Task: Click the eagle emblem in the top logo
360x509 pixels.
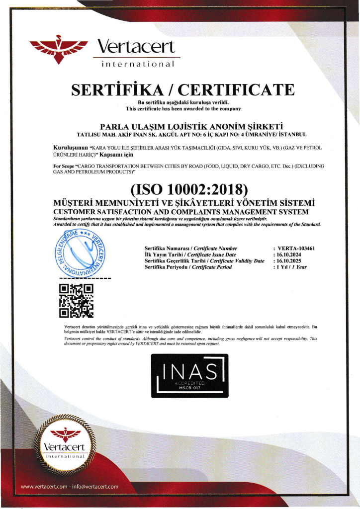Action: click(59, 50)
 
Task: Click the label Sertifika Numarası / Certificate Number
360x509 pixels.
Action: click(191, 248)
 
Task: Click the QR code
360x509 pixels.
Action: click(76, 300)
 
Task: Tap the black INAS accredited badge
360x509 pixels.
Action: click(190, 376)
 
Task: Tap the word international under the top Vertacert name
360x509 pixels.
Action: click(138, 64)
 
